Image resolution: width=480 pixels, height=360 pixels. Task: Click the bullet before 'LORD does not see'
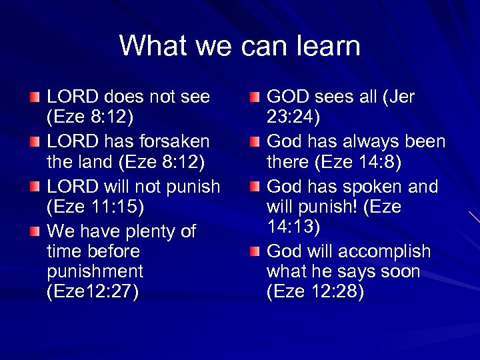pyautogui.click(x=35, y=99)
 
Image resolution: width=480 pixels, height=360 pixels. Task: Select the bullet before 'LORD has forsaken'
pyautogui.click(x=35, y=143)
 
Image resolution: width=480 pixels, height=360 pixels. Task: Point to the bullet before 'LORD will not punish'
pyautogui.click(x=35, y=187)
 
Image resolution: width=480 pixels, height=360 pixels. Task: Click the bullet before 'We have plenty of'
pyautogui.click(x=35, y=232)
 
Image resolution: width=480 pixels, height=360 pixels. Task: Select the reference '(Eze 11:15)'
pyautogui.click(x=95, y=206)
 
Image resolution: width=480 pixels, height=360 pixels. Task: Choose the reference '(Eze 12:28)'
pyautogui.click(x=315, y=292)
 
